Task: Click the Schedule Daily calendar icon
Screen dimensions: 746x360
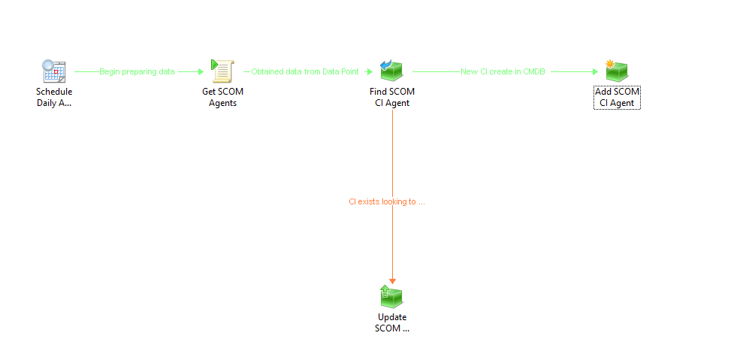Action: pyautogui.click(x=54, y=71)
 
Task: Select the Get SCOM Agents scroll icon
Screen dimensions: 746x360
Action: pyautogui.click(x=222, y=71)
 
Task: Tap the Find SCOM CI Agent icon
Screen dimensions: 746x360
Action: pyautogui.click(x=391, y=71)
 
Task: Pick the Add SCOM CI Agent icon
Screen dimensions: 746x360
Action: pyautogui.click(x=617, y=71)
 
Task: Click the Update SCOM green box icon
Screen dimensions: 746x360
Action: pyautogui.click(x=391, y=295)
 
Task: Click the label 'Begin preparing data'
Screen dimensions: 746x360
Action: pyautogui.click(x=137, y=71)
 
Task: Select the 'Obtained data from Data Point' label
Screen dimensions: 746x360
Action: pyautogui.click(x=305, y=71)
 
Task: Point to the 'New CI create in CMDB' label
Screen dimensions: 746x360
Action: pyautogui.click(x=503, y=71)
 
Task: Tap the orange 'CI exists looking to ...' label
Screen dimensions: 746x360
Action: pyautogui.click(x=387, y=201)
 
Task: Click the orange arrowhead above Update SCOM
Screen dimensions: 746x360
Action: pyautogui.click(x=392, y=281)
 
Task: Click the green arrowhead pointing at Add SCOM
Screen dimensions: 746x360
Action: pyautogui.click(x=595, y=71)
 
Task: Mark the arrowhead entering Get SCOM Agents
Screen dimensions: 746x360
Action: pyautogui.click(x=201, y=71)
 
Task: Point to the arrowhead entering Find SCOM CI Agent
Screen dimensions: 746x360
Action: pyautogui.click(x=370, y=71)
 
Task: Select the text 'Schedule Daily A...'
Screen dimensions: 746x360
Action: pyautogui.click(x=54, y=97)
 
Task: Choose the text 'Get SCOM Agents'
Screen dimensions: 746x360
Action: pyautogui.click(x=222, y=97)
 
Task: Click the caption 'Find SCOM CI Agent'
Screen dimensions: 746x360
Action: pyautogui.click(x=392, y=97)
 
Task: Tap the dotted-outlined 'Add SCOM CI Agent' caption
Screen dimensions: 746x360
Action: pyautogui.click(x=617, y=97)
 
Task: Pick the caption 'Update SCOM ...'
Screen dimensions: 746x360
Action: pyautogui.click(x=392, y=322)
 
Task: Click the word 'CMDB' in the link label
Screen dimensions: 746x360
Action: pyautogui.click(x=534, y=71)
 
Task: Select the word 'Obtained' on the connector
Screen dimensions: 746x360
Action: pyautogui.click(x=265, y=71)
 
